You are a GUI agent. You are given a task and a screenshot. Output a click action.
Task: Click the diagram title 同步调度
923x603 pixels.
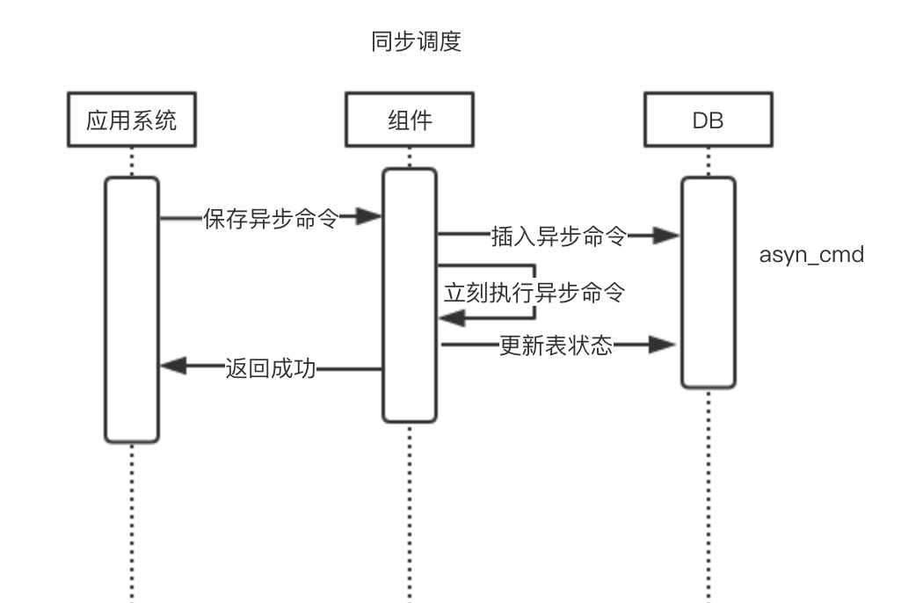(417, 43)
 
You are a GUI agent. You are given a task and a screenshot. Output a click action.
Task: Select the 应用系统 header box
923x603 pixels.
(132, 121)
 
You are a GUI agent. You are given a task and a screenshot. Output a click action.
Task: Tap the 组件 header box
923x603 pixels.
(410, 121)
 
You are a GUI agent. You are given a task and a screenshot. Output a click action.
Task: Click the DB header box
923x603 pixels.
(709, 121)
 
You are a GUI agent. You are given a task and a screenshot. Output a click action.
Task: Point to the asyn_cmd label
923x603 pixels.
(811, 256)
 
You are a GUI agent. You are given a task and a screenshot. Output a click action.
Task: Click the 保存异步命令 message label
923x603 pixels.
(271, 217)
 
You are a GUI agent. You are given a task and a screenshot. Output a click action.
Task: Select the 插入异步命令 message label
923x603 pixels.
(558, 235)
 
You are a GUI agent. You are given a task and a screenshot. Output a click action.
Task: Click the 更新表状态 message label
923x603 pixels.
(556, 345)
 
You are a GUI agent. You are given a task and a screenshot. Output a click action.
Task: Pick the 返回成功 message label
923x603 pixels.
(270, 369)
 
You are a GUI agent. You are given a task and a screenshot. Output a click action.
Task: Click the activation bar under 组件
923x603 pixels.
(410, 294)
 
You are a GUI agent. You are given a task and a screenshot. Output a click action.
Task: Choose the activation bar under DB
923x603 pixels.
(709, 281)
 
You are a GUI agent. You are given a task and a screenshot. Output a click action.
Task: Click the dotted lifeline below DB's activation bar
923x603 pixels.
(709, 492)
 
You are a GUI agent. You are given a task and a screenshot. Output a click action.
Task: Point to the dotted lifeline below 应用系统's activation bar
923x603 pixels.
(132, 519)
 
